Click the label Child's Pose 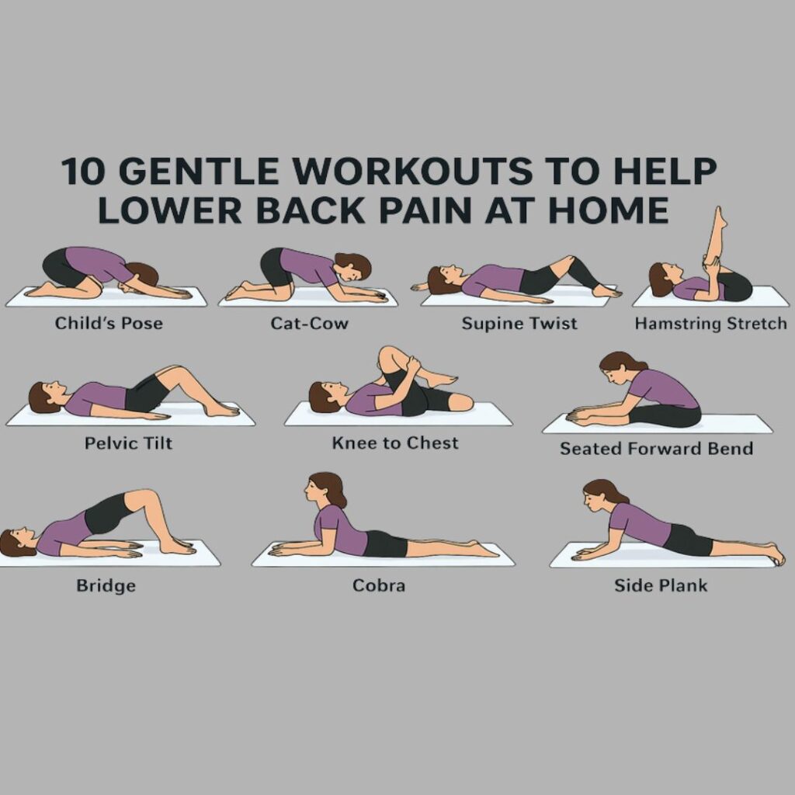pos(109,323)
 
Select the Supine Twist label pos(519,323)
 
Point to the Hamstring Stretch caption pos(710,323)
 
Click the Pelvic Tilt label pos(129,443)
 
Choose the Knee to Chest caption pos(395,443)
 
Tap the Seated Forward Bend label pos(656,448)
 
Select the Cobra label pos(379,585)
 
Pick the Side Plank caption pos(661,585)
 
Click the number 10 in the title pos(82,172)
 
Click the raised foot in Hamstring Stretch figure pos(720,217)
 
